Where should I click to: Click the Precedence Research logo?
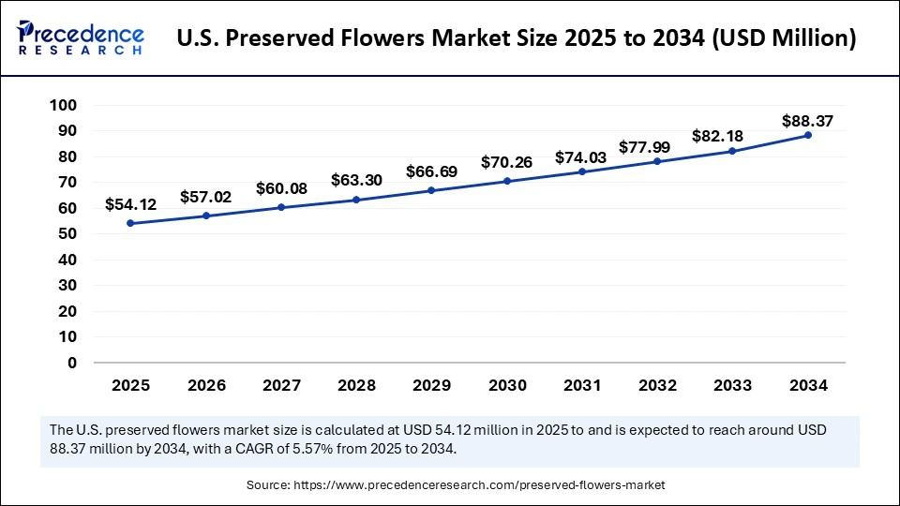pyautogui.click(x=81, y=38)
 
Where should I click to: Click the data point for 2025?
pyautogui.click(x=130, y=223)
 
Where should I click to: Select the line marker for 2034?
pyautogui.click(x=808, y=135)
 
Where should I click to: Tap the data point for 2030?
pyautogui.click(x=507, y=181)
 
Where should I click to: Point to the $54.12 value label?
pyautogui.click(x=130, y=204)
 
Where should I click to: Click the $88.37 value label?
pyautogui.click(x=808, y=121)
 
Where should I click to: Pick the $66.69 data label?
pyautogui.click(x=432, y=171)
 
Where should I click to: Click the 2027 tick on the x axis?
pyautogui.click(x=281, y=385)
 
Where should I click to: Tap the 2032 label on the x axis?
pyautogui.click(x=657, y=385)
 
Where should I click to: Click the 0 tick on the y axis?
pyautogui.click(x=71, y=363)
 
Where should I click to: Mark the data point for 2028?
pyautogui.click(x=356, y=200)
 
